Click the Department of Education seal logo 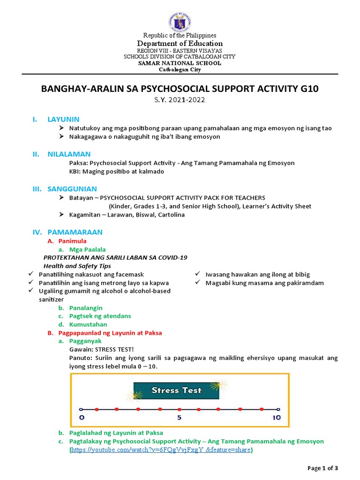[x=180, y=21]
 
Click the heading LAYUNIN [x=63, y=119]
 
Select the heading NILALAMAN [x=69, y=154]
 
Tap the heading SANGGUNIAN [x=72, y=189]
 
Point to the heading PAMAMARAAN [x=75, y=232]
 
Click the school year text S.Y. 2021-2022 [x=180, y=99]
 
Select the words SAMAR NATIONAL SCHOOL [x=180, y=63]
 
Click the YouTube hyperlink [x=161, y=450]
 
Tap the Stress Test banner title [x=176, y=390]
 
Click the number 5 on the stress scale [x=179, y=417]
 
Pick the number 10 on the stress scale [x=276, y=417]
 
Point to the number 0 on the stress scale [x=82, y=417]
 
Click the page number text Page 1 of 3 [x=322, y=468]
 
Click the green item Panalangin [x=86, y=307]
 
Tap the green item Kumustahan [x=88, y=324]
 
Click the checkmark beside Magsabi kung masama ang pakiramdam [x=198, y=283]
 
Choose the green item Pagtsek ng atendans [x=100, y=316]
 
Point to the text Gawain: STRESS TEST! [x=101, y=350]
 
